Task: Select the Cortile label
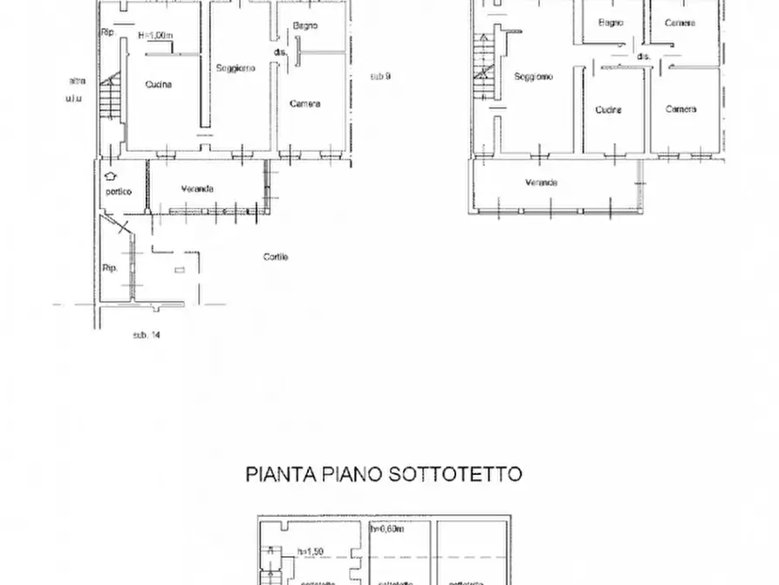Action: pyautogui.click(x=276, y=257)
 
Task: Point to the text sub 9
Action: pyautogui.click(x=379, y=76)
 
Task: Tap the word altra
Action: pyautogui.click(x=77, y=81)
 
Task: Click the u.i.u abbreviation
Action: pyautogui.click(x=74, y=99)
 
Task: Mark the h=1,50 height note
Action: pyautogui.click(x=309, y=552)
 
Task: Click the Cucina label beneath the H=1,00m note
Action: pyautogui.click(x=159, y=85)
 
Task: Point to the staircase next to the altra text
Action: pyautogui.click(x=108, y=94)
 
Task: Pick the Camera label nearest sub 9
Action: pyautogui.click(x=304, y=103)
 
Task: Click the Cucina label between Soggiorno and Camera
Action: pyautogui.click(x=608, y=110)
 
